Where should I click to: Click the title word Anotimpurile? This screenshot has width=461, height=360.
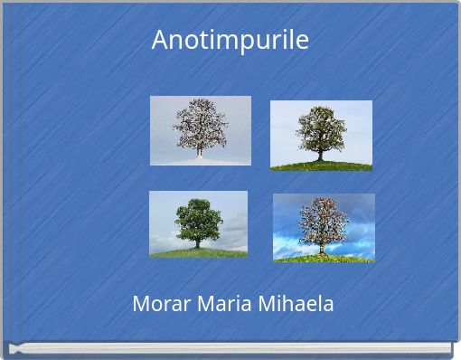tap(230, 41)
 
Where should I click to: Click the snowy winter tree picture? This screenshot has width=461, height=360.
tap(200, 130)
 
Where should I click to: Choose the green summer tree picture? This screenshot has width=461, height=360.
tap(198, 224)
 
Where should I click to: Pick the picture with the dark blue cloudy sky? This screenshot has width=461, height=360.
tap(324, 228)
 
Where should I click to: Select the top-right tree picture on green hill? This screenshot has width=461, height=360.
tap(321, 135)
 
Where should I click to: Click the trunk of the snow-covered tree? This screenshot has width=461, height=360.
tap(200, 150)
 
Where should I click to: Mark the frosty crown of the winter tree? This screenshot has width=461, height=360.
tap(200, 122)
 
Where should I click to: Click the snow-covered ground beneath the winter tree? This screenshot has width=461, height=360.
tap(200, 160)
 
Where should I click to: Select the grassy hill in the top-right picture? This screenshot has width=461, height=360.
tap(321, 166)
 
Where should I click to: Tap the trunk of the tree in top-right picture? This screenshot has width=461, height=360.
tap(319, 154)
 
